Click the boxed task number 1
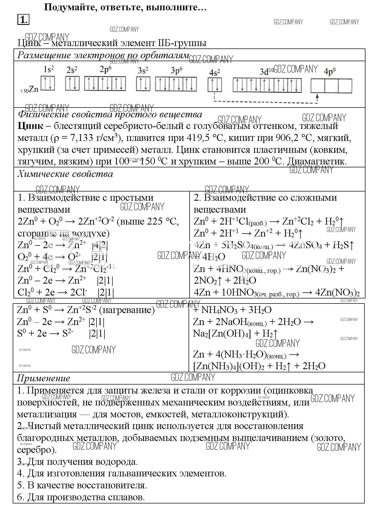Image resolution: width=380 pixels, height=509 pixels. click(x=23, y=20)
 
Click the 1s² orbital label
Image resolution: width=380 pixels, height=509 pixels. click(x=49, y=69)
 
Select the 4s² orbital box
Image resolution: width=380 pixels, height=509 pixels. click(x=215, y=85)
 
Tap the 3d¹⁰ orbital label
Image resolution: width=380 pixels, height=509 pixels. click(x=267, y=71)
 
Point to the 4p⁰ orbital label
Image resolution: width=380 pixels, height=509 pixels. click(x=329, y=72)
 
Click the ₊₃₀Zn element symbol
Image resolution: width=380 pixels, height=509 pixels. click(x=29, y=90)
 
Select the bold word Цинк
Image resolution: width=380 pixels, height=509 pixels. click(x=30, y=126)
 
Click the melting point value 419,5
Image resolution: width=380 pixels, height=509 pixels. click(x=197, y=138)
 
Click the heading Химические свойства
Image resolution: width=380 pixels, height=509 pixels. click(x=65, y=174)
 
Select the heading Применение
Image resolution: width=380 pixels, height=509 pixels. click(x=43, y=378)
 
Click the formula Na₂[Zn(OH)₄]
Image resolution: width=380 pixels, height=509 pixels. click(x=222, y=333)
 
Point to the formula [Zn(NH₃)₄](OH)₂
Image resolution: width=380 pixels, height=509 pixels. click(x=229, y=366)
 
